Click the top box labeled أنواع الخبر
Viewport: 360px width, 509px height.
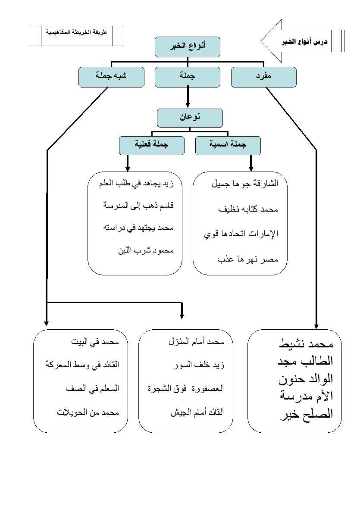coord(187,47)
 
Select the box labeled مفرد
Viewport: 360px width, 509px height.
coord(263,77)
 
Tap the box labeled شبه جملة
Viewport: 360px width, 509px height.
coord(111,77)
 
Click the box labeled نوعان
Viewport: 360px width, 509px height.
coord(190,118)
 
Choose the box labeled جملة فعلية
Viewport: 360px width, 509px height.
coord(152,145)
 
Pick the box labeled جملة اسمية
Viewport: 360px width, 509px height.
coord(228,145)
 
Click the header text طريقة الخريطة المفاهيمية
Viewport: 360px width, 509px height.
coord(77,32)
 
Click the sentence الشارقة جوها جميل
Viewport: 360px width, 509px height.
coord(245,184)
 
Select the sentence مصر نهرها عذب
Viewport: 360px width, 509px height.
coord(247,259)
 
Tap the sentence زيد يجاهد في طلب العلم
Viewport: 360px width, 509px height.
coord(136,184)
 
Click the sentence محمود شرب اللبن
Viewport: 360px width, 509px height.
coord(146,250)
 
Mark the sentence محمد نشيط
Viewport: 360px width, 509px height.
coord(306,344)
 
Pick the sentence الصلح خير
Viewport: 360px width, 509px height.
coord(307,414)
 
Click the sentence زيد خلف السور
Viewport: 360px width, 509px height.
coord(199,365)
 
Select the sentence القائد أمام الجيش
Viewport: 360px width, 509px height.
coord(197,412)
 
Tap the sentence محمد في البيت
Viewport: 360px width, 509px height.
coord(95,342)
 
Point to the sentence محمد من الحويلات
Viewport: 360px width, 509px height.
coord(88,412)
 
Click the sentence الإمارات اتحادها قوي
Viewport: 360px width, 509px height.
coord(241,234)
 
